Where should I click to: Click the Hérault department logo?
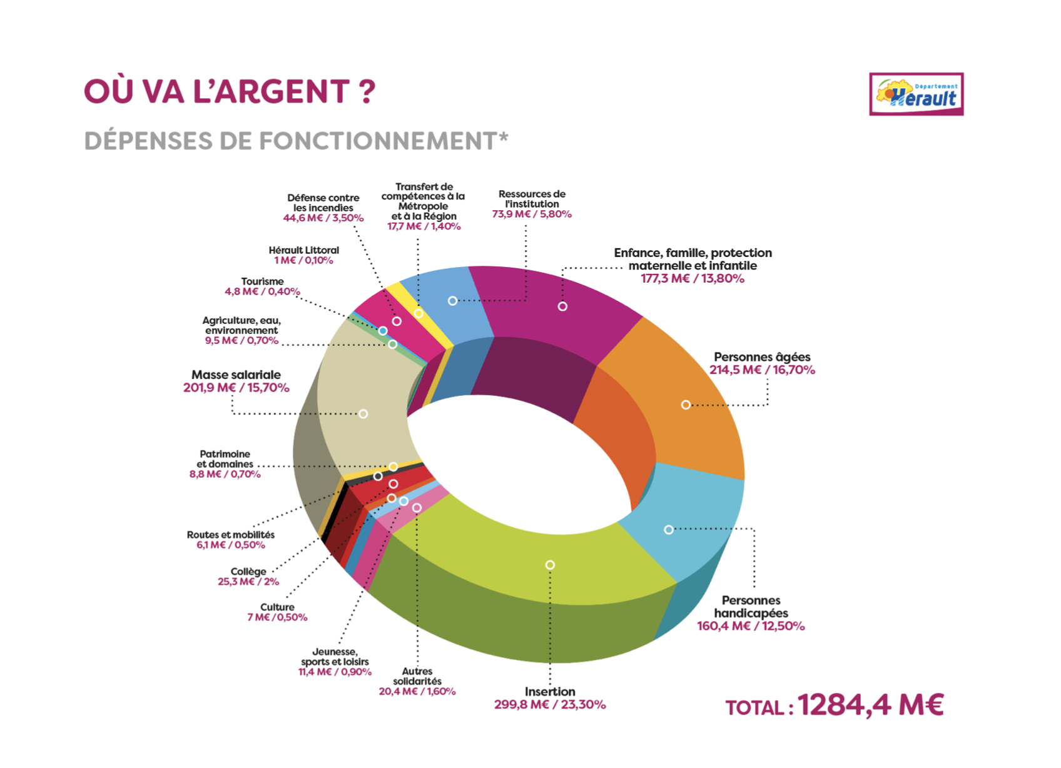click(916, 94)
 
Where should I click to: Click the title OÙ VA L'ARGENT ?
click(230, 91)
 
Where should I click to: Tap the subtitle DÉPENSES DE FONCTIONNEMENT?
click(296, 141)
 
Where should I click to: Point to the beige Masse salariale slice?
click(365, 407)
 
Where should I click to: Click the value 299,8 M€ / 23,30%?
click(550, 705)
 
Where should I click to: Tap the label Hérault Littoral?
click(303, 250)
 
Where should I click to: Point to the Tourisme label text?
click(262, 281)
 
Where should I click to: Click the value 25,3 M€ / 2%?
click(248, 582)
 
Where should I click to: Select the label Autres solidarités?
click(417, 676)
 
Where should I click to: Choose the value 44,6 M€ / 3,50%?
click(323, 218)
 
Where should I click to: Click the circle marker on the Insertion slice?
click(550, 565)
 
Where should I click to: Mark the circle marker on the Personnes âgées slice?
click(686, 405)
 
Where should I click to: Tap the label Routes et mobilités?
click(231, 535)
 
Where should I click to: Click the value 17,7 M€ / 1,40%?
click(424, 226)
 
